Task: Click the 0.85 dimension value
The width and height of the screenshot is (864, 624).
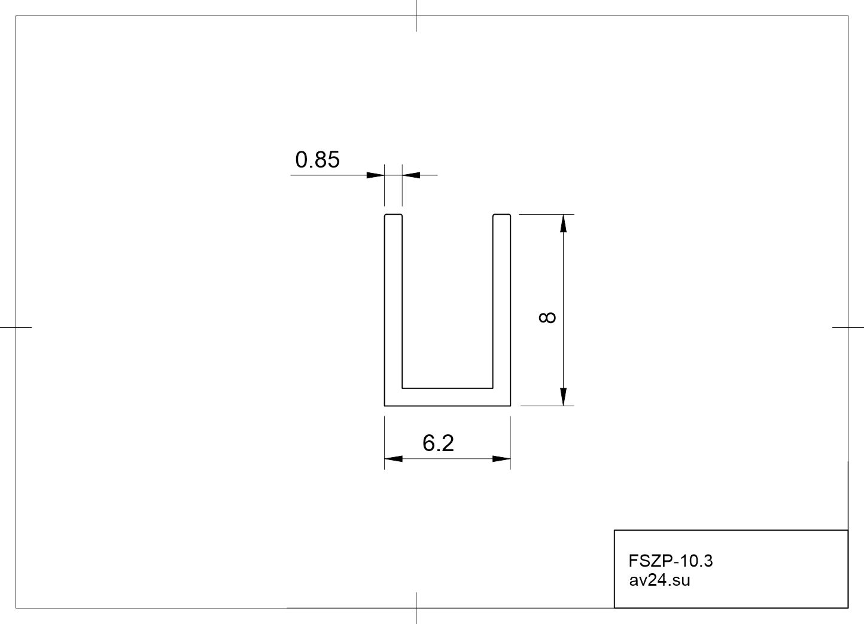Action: (x=317, y=159)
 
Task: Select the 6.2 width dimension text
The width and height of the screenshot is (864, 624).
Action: (x=438, y=443)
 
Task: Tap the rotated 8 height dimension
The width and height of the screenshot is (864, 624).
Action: (x=547, y=318)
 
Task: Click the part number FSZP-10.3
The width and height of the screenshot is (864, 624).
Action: (x=671, y=561)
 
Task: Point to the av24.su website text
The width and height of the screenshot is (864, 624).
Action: (x=659, y=580)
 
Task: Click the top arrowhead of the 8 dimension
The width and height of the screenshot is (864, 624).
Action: (x=563, y=223)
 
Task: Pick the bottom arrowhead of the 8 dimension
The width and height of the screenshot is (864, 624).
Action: (x=563, y=397)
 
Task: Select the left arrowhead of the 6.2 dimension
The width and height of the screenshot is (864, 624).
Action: (x=394, y=458)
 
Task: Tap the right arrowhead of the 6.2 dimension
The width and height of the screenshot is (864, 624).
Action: (x=501, y=458)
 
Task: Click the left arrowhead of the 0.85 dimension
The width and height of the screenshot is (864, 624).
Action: (x=375, y=175)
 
